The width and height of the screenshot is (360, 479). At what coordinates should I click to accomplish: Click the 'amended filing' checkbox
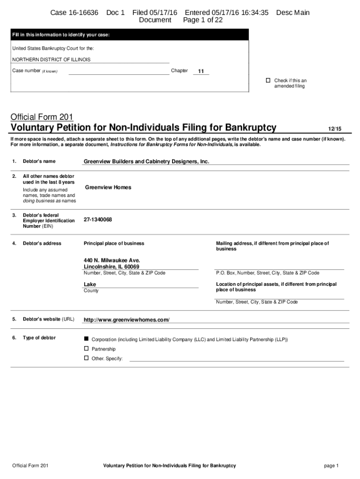tap(268, 80)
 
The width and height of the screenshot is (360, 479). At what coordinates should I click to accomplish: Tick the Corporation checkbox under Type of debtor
tap(86, 338)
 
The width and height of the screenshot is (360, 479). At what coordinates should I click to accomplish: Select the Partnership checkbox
tap(86, 348)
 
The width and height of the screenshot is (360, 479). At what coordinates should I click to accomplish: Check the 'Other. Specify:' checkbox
tap(86, 358)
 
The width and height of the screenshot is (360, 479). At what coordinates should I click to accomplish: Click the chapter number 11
tap(201, 71)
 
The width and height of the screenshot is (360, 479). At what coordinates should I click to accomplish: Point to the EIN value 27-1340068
tap(98, 219)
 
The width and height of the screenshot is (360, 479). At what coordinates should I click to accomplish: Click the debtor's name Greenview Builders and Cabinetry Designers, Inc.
tap(146, 161)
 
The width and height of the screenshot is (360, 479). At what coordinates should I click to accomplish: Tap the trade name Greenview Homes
tap(108, 187)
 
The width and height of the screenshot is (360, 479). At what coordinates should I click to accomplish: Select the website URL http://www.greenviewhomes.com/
tap(126, 320)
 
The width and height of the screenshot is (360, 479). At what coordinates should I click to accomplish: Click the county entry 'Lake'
tap(90, 284)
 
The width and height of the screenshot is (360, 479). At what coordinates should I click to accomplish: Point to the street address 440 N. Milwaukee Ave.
tap(112, 260)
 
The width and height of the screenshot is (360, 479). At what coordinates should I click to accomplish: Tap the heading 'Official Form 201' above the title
tap(42, 116)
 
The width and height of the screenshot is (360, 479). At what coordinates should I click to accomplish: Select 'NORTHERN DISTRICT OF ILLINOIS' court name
tap(51, 59)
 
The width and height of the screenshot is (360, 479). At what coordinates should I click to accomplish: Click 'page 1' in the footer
tap(331, 465)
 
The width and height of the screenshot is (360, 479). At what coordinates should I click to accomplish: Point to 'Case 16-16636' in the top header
tap(74, 13)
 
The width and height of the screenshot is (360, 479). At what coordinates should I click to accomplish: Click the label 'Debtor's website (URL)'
tap(49, 319)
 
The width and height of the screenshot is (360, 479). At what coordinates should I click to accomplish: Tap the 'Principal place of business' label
tap(114, 243)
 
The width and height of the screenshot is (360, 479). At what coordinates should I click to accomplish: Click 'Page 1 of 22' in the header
tap(203, 20)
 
